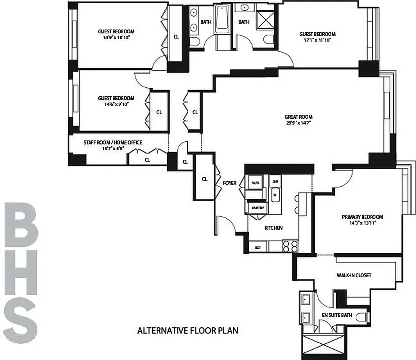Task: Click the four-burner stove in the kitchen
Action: [290, 246]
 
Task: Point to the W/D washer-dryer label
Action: [243, 183]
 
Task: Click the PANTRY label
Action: [258, 207]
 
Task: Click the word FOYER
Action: [230, 183]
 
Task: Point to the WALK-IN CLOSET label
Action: [354, 275]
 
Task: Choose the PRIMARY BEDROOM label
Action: [358, 216]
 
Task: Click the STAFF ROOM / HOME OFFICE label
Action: [113, 143]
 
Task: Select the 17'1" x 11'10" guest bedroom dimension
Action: [318, 40]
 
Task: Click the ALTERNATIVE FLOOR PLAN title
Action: [187, 331]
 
